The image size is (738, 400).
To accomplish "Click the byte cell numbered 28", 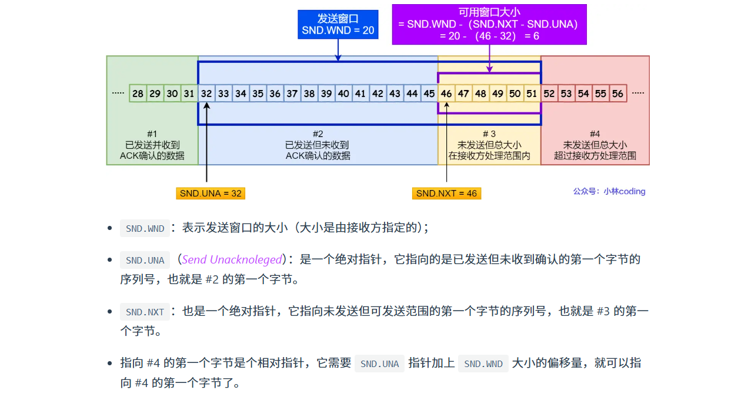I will point(138,94).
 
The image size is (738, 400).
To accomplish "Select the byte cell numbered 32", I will point(206,94).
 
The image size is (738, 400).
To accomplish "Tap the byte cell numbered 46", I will point(446,94).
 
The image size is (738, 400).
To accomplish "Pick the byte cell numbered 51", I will point(532,94).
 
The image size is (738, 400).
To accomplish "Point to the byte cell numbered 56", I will point(617,94).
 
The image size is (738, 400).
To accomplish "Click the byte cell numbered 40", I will point(343,94).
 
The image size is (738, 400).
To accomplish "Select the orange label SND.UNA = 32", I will point(211,193).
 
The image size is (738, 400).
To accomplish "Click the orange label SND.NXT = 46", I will point(446,193).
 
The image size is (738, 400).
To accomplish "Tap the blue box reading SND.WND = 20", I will point(338,25).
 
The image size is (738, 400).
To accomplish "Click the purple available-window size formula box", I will point(489,24).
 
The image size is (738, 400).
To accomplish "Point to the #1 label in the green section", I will point(152,134).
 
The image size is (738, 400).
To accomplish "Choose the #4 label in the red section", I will point(595,134).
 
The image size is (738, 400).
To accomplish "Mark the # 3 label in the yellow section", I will point(489,134).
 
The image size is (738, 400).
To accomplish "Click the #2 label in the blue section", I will point(318,134).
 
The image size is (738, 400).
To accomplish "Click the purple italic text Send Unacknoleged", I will point(232,259).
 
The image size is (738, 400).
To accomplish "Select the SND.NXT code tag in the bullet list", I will point(145,312).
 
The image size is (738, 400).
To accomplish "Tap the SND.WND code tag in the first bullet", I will point(145,228).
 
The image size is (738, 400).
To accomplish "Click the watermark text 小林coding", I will point(624,191).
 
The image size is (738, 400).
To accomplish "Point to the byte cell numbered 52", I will point(549,94).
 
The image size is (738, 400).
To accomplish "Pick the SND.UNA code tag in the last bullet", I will point(379,364).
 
